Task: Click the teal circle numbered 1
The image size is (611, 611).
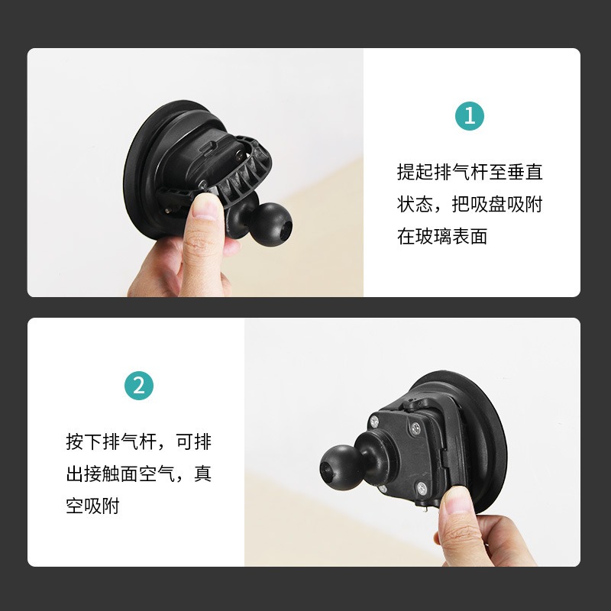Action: tap(470, 116)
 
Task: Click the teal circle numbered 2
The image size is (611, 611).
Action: tap(139, 386)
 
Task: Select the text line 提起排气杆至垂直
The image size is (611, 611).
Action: tap(470, 172)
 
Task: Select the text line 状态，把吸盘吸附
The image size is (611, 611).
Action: tap(470, 204)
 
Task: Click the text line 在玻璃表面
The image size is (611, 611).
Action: tap(442, 236)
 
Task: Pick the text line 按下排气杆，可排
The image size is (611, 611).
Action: tap(139, 442)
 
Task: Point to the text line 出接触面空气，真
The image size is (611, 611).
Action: tap(139, 474)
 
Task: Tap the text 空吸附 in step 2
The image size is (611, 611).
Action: tap(92, 506)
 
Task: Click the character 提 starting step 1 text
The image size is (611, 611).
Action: tap(406, 172)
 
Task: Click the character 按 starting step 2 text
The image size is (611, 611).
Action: tap(75, 442)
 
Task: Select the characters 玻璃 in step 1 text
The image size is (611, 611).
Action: tap(433, 236)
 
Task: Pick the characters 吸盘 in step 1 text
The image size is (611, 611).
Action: tap(488, 204)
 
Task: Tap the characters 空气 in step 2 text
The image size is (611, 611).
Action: tap(157, 474)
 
